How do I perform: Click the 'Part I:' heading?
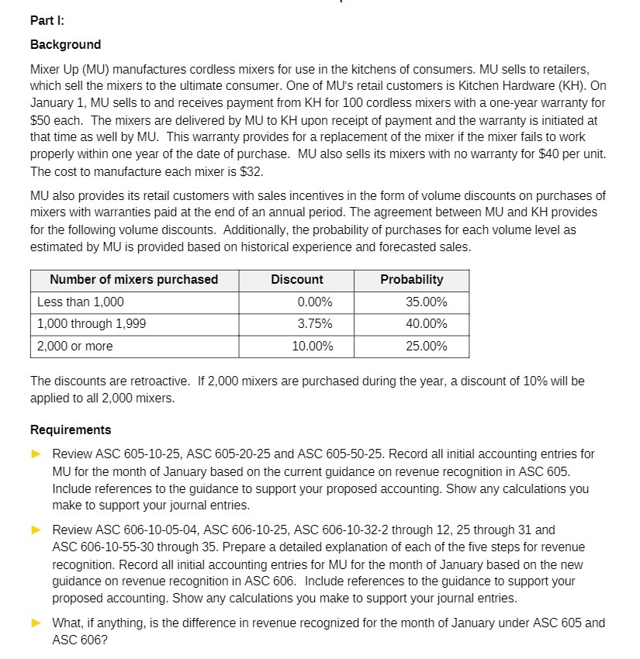[47, 19]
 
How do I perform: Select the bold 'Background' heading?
[65, 44]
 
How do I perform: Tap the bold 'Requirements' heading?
[71, 430]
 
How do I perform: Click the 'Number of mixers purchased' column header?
[134, 280]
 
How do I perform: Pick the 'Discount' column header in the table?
[297, 280]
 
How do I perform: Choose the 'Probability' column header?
[412, 280]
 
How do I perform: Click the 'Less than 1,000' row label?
[81, 302]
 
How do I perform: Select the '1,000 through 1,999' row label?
[92, 324]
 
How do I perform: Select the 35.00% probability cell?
[426, 302]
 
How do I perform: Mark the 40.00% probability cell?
[426, 324]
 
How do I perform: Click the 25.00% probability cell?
[426, 347]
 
